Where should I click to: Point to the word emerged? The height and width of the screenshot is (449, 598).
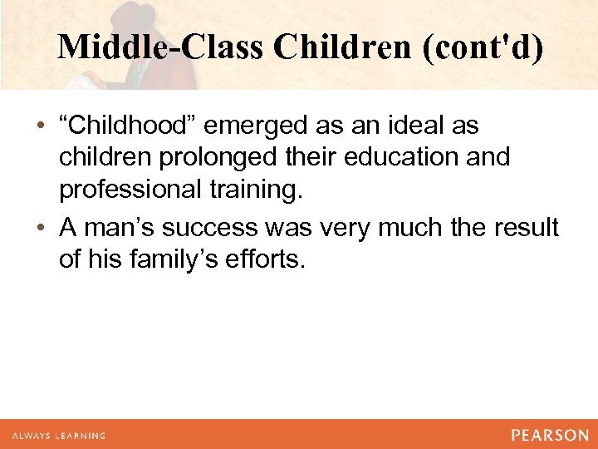[258, 126]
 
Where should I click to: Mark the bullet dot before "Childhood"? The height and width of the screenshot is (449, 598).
[41, 127]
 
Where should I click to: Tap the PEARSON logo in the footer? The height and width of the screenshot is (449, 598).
[549, 435]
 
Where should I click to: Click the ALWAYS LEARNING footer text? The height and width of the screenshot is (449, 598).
[57, 435]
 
